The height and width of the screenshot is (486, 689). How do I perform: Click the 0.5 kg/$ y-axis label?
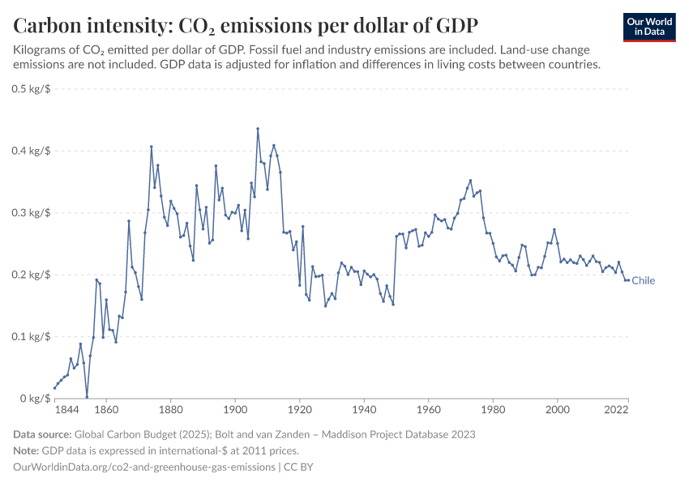(32, 88)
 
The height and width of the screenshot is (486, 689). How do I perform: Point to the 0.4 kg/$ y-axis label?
(32, 151)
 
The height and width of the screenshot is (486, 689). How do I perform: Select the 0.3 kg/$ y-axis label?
(32, 212)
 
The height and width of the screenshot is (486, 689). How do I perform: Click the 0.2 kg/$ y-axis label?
(32, 275)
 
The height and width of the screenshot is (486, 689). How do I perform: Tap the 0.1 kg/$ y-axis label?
(32, 336)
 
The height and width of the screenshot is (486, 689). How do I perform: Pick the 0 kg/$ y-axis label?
(35, 399)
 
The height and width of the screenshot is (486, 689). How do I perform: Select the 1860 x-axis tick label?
(106, 411)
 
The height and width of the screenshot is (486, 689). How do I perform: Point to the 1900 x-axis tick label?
(235, 411)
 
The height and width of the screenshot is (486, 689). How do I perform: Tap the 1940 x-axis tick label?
(364, 411)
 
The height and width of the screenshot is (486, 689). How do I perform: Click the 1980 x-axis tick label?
(493, 411)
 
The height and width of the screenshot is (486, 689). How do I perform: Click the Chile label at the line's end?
(643, 281)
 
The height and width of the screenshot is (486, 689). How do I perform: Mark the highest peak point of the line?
(258, 129)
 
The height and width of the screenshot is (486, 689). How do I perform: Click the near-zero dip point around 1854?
(87, 397)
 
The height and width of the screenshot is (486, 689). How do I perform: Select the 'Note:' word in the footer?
(28, 450)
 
